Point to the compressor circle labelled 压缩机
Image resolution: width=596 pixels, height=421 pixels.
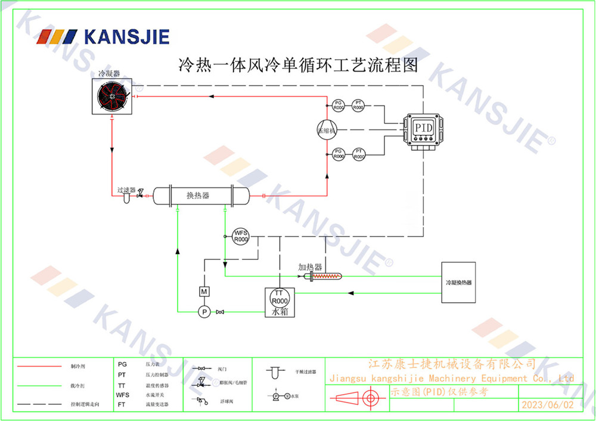tap(327, 129)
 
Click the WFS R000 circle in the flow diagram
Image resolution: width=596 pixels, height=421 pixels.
tap(240, 236)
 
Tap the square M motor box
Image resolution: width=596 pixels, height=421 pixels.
tap(204, 291)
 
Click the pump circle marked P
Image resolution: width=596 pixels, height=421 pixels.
tap(204, 311)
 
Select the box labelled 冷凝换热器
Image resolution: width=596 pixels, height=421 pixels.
tap(458, 282)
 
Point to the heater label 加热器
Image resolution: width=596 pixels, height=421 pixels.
tap(310, 267)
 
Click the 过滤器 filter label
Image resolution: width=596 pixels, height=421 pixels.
tap(126, 190)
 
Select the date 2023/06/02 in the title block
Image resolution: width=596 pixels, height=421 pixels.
tap(547, 404)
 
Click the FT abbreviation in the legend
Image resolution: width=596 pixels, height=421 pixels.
tap(122, 404)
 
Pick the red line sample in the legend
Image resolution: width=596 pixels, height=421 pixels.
tap(38, 366)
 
